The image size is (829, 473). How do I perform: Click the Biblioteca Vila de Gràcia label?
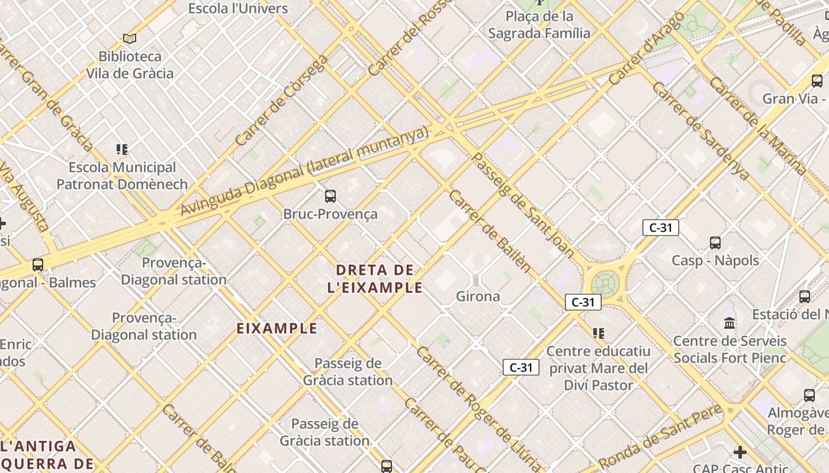[x=130, y=65]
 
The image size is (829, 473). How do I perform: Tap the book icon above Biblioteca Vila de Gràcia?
[x=130, y=39]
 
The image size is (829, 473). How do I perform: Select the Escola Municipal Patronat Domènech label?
[x=122, y=176]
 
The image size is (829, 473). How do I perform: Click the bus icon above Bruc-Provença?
[x=330, y=196]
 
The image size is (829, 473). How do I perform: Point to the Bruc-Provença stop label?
[x=330, y=214]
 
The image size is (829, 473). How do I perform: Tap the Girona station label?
[x=478, y=296]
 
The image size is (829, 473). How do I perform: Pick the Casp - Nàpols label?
[x=715, y=260]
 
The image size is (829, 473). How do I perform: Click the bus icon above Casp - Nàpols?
[x=715, y=242]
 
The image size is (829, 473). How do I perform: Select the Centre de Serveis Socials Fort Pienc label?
[x=730, y=349]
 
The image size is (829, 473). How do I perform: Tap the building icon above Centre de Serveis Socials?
[x=730, y=323]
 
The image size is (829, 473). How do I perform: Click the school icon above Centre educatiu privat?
[x=599, y=333]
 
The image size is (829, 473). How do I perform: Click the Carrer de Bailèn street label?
[x=490, y=231]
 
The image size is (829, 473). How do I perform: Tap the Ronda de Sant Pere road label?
[x=660, y=437]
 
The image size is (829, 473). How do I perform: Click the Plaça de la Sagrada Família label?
[x=539, y=25]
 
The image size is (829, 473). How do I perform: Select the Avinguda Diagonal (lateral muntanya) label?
[x=304, y=171]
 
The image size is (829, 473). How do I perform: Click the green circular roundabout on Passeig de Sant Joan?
[x=605, y=280]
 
